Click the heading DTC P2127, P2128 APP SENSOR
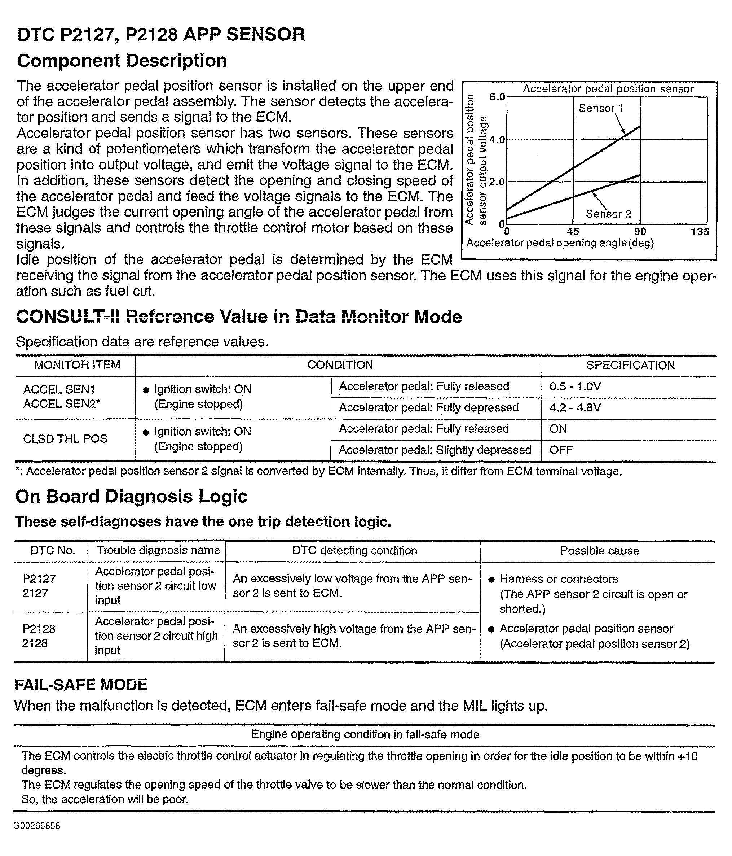point(161,34)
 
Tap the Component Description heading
point(122,61)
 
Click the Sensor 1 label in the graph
point(601,108)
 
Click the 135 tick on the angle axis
point(700,232)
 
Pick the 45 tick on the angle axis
point(573,232)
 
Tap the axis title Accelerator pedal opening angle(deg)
point(560,243)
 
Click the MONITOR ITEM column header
point(77,365)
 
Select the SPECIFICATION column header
point(630,365)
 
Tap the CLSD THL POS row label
point(65,439)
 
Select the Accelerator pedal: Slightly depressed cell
point(435,450)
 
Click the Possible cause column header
point(599,551)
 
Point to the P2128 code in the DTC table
point(39,629)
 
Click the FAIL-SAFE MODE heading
point(81,685)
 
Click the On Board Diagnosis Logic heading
point(131,497)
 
